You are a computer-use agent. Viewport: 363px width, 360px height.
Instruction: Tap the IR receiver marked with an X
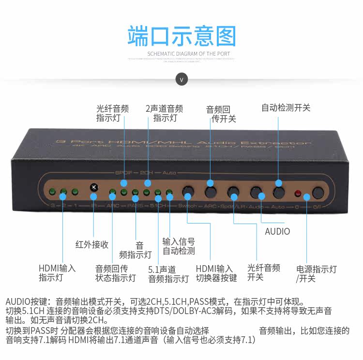94,187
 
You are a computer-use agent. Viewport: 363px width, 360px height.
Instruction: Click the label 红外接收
92,244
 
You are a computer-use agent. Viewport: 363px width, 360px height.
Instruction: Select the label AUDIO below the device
277,231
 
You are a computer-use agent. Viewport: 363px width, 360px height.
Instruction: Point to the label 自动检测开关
286,107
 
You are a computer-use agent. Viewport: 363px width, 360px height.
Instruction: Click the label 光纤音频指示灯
112,113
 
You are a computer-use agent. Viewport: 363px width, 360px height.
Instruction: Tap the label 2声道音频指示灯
165,113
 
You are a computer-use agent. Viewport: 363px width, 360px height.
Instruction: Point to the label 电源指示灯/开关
316,273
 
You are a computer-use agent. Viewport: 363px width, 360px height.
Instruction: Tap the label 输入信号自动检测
179,246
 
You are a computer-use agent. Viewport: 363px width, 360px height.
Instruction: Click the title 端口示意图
181,37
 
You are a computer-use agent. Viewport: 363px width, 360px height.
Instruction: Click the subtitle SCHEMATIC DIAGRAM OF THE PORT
181,54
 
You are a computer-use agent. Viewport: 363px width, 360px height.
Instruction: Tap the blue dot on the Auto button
278,183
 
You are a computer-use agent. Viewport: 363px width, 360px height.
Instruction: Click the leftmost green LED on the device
51,192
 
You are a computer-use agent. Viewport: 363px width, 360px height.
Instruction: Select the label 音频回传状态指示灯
115,273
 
